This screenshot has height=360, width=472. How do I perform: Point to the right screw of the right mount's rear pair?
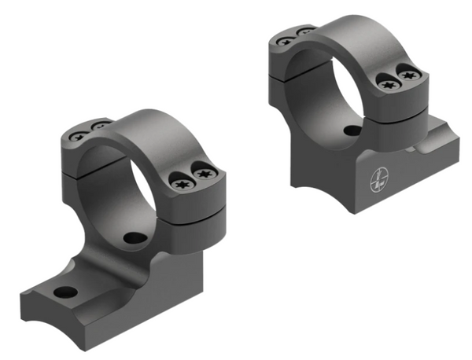click(x=304, y=32)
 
